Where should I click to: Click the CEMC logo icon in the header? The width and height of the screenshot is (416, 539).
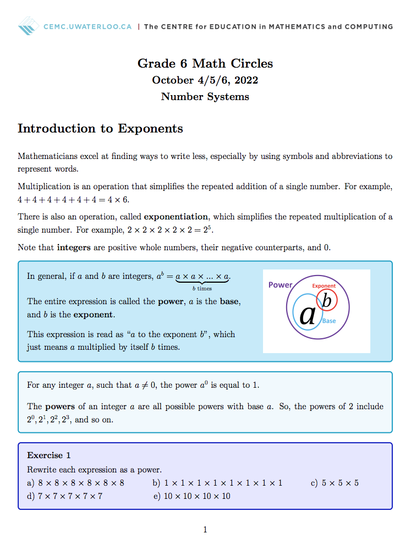29,25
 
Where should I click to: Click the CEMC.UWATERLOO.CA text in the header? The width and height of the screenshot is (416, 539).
87,26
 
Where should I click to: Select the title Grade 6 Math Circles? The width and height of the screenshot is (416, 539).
205,63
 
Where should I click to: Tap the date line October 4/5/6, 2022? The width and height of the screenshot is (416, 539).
205,80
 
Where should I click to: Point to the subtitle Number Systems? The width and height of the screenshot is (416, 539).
205,97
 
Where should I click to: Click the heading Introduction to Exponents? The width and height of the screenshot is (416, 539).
100,129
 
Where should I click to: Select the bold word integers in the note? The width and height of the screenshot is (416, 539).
74,248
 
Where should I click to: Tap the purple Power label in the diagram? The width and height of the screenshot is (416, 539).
280,285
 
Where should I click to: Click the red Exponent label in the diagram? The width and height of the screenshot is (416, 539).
324,286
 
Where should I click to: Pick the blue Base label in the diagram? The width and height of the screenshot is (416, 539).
329,321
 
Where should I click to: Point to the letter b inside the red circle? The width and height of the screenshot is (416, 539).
326,301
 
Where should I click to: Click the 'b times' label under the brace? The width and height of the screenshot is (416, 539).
202,288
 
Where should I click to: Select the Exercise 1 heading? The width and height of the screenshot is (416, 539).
49,455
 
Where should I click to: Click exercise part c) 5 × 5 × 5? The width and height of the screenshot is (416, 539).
335,483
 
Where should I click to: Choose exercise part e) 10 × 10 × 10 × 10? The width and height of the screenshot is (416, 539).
192,496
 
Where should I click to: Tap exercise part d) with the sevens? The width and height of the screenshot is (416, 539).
64,496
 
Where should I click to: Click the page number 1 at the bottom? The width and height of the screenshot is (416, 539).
205,530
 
